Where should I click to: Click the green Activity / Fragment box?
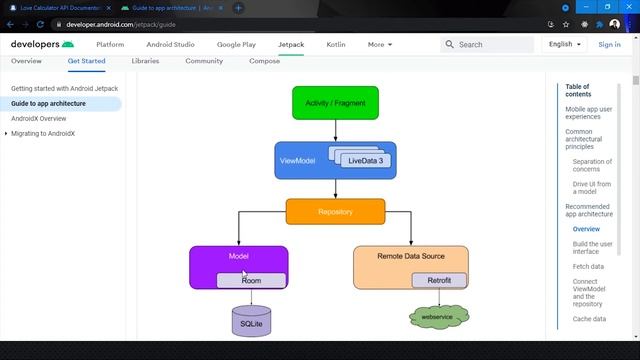pyautogui.click(x=335, y=102)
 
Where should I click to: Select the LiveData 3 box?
pyautogui.click(x=373, y=160)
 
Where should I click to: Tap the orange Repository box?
pyautogui.click(x=335, y=211)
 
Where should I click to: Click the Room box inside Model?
pyautogui.click(x=251, y=280)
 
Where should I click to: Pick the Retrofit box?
pyautogui.click(x=439, y=280)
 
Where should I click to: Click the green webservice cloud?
pyautogui.click(x=439, y=317)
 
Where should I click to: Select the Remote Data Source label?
pyautogui.click(x=410, y=257)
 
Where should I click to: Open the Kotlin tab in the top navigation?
pyautogui.click(x=336, y=44)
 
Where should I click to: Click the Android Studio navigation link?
pyautogui.click(x=171, y=44)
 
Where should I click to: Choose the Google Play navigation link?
pyautogui.click(x=236, y=44)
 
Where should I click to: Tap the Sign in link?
pyautogui.click(x=609, y=44)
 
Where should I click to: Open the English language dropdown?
pyautogui.click(x=564, y=44)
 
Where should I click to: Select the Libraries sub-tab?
pyautogui.click(x=145, y=61)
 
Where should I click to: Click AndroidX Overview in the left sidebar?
pyautogui.click(x=39, y=118)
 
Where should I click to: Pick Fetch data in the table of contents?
pyautogui.click(x=588, y=267)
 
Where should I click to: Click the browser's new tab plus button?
pyautogui.click(x=238, y=8)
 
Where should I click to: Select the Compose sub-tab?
pyautogui.click(x=264, y=61)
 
